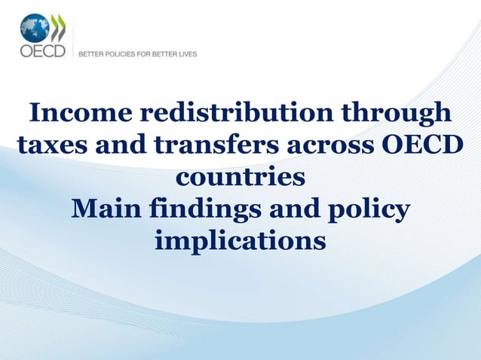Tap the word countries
240,178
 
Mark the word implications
240,243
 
